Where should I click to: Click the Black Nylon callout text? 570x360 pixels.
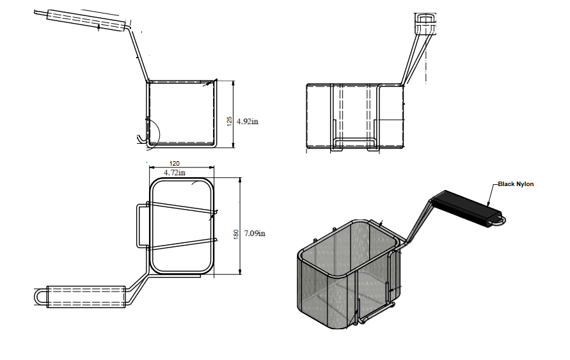516,184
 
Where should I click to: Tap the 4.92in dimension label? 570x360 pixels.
248,121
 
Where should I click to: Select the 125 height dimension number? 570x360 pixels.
230,121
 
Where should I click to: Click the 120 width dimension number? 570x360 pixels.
175,164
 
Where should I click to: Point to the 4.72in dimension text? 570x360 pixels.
175,173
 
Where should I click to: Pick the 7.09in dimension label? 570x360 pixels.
255,233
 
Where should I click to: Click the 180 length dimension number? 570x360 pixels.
236,234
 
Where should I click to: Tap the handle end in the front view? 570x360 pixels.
425,23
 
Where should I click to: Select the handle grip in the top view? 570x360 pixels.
86,297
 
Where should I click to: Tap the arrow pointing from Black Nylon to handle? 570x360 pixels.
493,196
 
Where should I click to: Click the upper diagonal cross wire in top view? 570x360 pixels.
182,207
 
